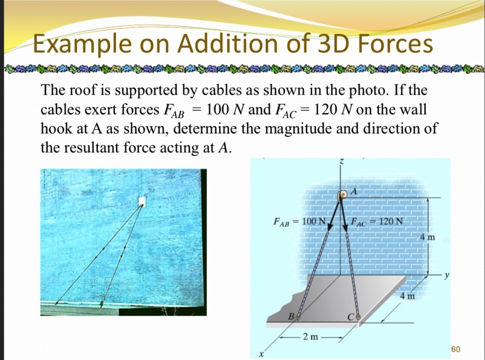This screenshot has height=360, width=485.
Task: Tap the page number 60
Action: click(456, 350)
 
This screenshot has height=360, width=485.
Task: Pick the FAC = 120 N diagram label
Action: click(377, 221)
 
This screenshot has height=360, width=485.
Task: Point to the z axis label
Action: click(341, 162)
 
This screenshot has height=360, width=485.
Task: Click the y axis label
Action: click(446, 274)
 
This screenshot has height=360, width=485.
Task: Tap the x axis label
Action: click(260, 353)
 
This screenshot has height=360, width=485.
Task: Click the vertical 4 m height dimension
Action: click(428, 237)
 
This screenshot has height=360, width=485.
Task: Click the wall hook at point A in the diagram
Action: click(341, 196)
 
